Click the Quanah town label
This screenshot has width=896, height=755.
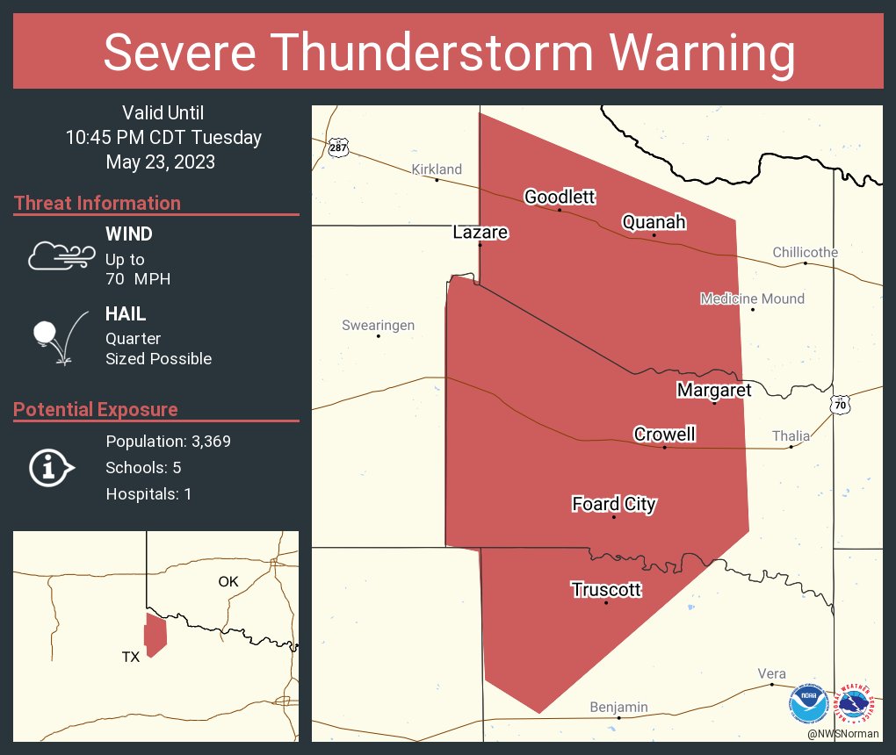coord(654,222)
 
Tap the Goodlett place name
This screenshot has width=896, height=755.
coord(560,197)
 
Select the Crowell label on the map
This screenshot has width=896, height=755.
coord(664,435)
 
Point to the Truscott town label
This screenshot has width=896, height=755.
coord(606,590)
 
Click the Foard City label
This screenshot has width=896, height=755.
coord(614,504)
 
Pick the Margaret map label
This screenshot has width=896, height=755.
coord(714,390)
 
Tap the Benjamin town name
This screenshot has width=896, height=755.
coord(618,707)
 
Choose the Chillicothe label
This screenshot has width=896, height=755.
coord(805,252)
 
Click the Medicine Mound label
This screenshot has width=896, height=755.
coord(752,298)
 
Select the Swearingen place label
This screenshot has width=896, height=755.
coord(378,326)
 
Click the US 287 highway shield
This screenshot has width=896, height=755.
coord(338,147)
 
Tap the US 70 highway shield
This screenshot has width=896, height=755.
coord(841,405)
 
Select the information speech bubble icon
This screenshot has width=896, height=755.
coord(52,468)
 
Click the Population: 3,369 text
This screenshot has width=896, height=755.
coord(168,441)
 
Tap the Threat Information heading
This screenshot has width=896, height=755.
coord(98,203)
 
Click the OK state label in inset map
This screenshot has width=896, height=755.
coord(228,581)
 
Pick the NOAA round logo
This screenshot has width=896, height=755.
coord(807,703)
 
